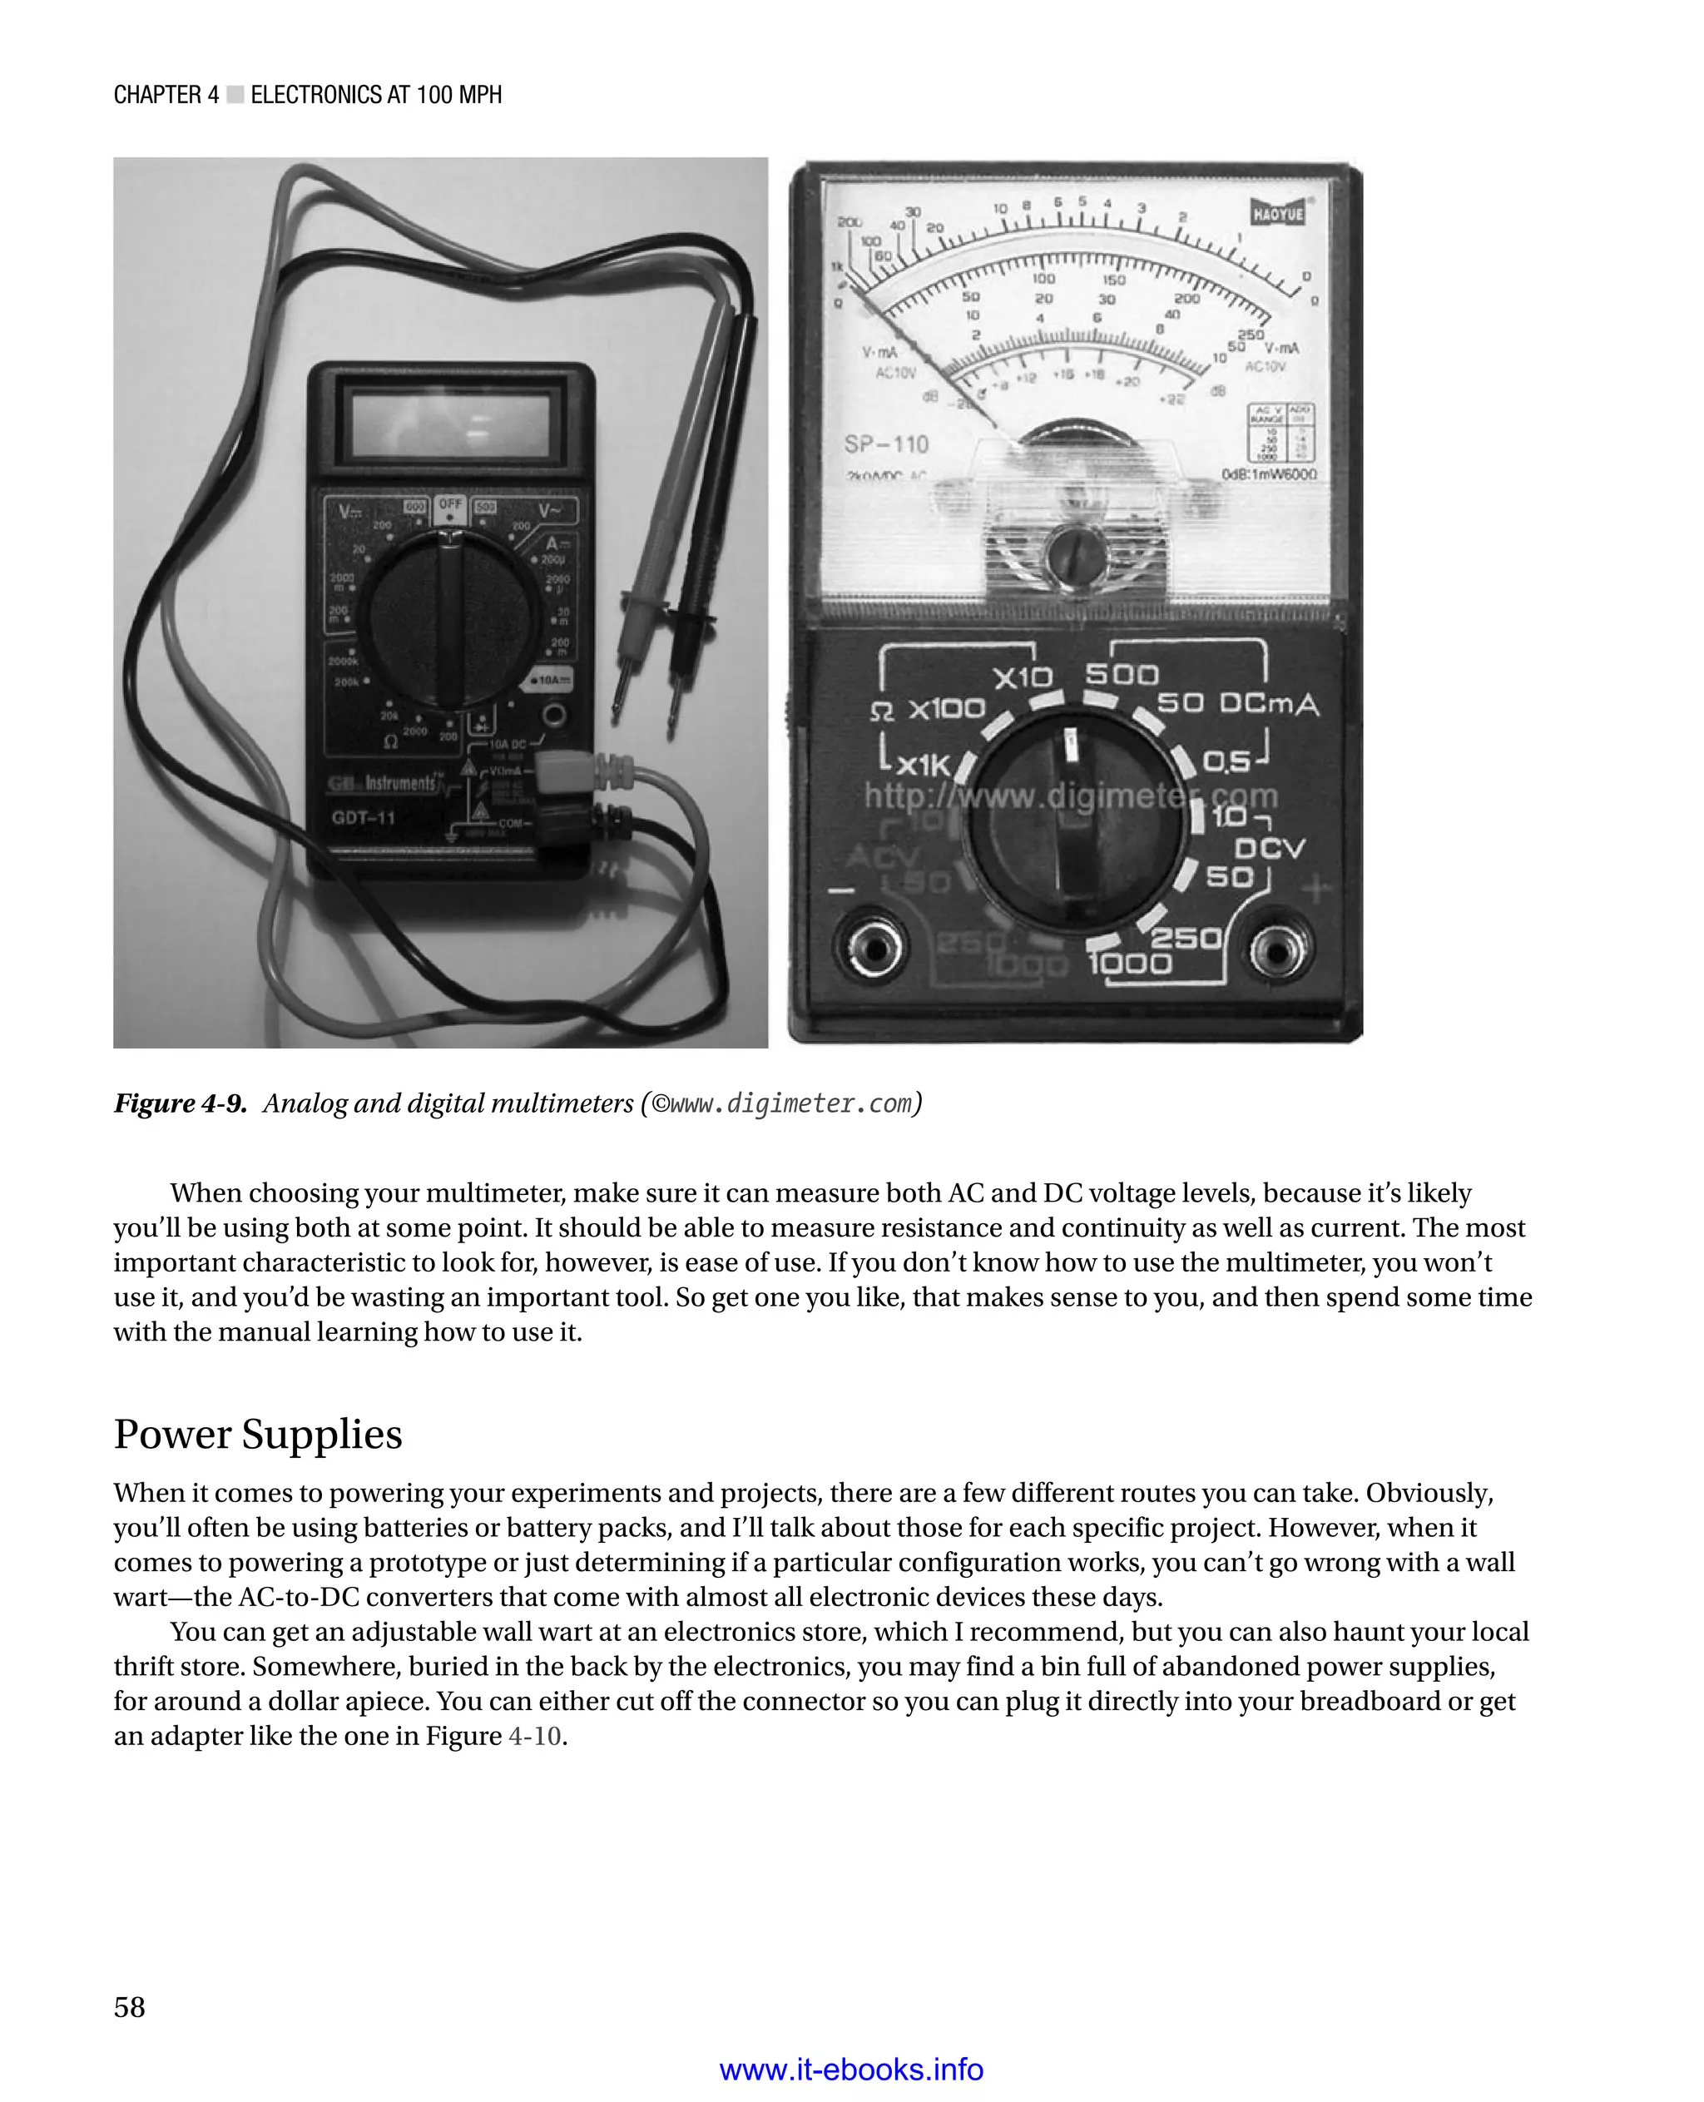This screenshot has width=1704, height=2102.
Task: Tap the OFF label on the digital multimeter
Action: pos(449,504)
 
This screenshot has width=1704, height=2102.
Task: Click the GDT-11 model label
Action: pos(363,817)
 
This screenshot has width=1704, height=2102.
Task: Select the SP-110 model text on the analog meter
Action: pos(885,444)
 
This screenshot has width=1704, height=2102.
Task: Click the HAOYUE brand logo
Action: pos(1277,213)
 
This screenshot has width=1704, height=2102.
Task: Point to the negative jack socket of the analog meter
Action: pos(872,948)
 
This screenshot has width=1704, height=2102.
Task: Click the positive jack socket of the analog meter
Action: pos(1277,949)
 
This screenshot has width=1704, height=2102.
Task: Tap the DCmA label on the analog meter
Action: pos(1268,704)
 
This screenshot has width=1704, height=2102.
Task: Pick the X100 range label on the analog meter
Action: pos(945,709)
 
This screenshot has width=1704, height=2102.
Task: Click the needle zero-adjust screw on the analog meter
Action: pos(1075,556)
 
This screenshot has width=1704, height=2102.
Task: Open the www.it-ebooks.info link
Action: pos(851,2070)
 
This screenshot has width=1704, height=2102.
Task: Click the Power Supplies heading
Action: pos(258,1435)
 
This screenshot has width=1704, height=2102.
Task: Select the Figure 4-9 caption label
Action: pos(181,1103)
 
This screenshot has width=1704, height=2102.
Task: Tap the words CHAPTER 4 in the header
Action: pos(166,95)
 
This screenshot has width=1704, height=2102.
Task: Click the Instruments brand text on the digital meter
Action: pos(399,783)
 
